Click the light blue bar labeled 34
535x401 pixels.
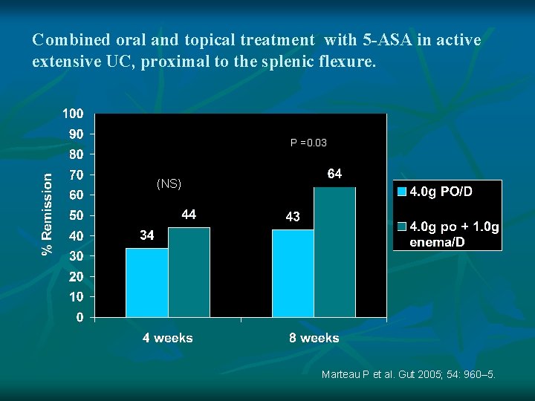coord(146,282)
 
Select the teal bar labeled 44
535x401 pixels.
coord(189,273)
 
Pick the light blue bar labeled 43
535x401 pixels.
coord(293,273)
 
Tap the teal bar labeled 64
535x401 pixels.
coord(335,252)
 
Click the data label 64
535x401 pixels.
coord(335,174)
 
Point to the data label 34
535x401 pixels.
coord(147,235)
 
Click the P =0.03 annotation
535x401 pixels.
coord(308,143)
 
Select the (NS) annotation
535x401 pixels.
coord(169,183)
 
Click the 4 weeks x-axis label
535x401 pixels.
coord(168,338)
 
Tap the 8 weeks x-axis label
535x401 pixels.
coord(314,338)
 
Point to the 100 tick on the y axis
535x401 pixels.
coord(73,114)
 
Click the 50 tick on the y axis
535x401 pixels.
coord(77,216)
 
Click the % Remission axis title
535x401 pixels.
coord(48,215)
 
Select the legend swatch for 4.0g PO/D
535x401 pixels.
coord(402,192)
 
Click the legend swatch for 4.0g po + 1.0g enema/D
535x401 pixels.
coord(402,226)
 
